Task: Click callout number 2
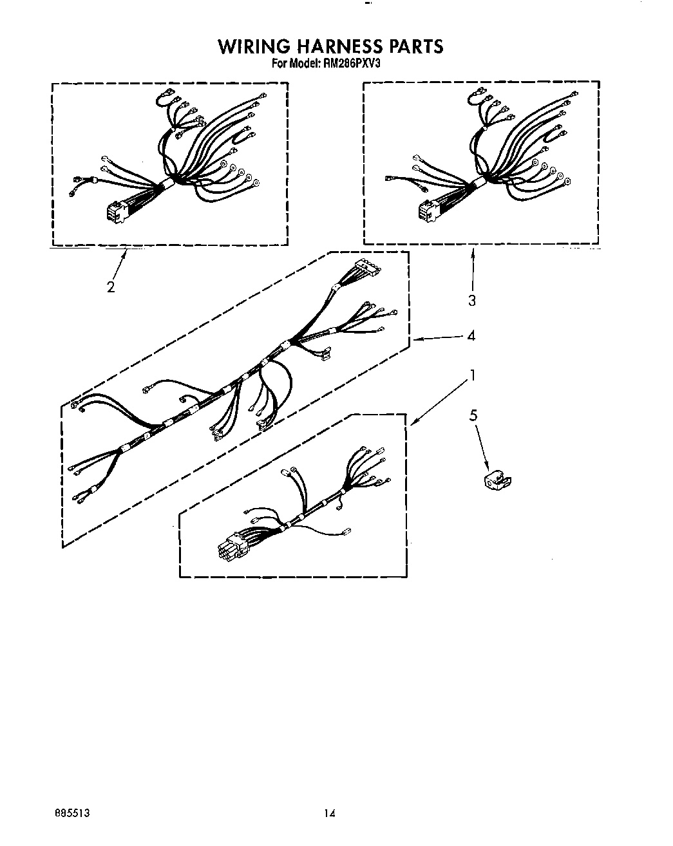[111, 287]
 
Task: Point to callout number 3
[472, 300]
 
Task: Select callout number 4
[471, 335]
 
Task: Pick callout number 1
[473, 375]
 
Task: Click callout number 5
[473, 415]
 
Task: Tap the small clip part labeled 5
[496, 480]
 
